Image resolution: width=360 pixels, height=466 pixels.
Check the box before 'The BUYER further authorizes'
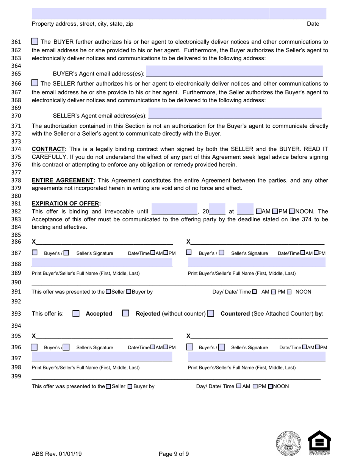34,41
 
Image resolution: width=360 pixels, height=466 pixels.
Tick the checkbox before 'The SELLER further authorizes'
34,83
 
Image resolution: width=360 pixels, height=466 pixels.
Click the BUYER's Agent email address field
234,71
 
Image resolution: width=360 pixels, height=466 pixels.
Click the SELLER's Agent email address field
235,113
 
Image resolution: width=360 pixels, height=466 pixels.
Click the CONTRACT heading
49,149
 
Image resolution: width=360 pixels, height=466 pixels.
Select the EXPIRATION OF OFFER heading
66,203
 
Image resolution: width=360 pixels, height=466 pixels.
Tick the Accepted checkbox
76,314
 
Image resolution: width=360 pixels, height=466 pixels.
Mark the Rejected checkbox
126,313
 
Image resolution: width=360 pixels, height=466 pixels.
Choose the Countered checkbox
211,314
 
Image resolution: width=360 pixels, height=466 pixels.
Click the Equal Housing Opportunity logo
319,443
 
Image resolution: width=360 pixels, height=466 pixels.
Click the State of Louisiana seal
288,443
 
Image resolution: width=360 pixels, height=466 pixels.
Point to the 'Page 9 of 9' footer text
174,454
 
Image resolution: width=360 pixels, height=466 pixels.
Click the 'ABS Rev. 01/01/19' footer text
56,454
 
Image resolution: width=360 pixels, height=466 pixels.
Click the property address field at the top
150,13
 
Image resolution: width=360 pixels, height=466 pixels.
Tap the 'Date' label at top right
313,24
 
